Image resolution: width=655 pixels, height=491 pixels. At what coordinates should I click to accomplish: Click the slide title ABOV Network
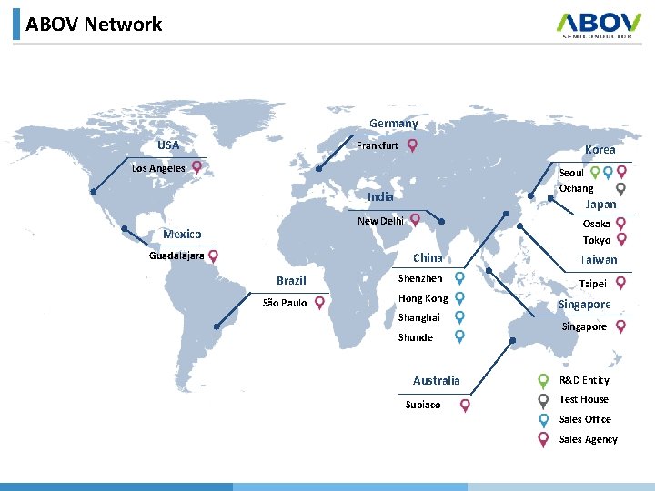coord(94,25)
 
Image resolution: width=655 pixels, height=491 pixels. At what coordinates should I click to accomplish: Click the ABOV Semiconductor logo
coord(594,25)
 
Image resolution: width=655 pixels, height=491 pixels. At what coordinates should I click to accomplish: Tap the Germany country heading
coord(393,124)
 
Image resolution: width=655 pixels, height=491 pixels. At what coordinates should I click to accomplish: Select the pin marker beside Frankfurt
coord(413,145)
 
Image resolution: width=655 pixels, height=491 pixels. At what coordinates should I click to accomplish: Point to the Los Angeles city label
coord(158,168)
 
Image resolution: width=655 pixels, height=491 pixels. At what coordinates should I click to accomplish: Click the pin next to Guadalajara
coord(213,256)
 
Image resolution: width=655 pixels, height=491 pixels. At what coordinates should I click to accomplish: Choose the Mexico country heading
coord(182,235)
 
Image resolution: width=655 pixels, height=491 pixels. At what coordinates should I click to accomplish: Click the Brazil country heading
coord(291,281)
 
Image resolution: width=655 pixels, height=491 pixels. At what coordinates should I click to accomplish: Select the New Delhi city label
coord(380,221)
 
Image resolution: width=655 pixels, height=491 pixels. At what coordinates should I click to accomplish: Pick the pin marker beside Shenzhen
coord(460,278)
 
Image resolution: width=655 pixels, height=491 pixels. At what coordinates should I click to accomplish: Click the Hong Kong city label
coord(423,298)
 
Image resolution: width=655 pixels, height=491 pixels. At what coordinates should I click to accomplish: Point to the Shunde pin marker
coord(460,336)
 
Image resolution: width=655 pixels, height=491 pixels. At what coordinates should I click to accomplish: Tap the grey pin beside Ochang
coord(621,188)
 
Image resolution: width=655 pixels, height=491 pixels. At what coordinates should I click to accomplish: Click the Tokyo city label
coord(597,240)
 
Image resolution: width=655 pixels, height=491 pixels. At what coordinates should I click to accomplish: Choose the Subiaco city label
coord(422,405)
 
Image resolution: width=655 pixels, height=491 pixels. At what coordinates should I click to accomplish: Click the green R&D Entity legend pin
coord(543,380)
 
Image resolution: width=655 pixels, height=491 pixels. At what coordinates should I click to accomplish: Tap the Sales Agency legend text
coord(588,439)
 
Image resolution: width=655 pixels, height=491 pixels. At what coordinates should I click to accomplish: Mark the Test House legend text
coord(584,399)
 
